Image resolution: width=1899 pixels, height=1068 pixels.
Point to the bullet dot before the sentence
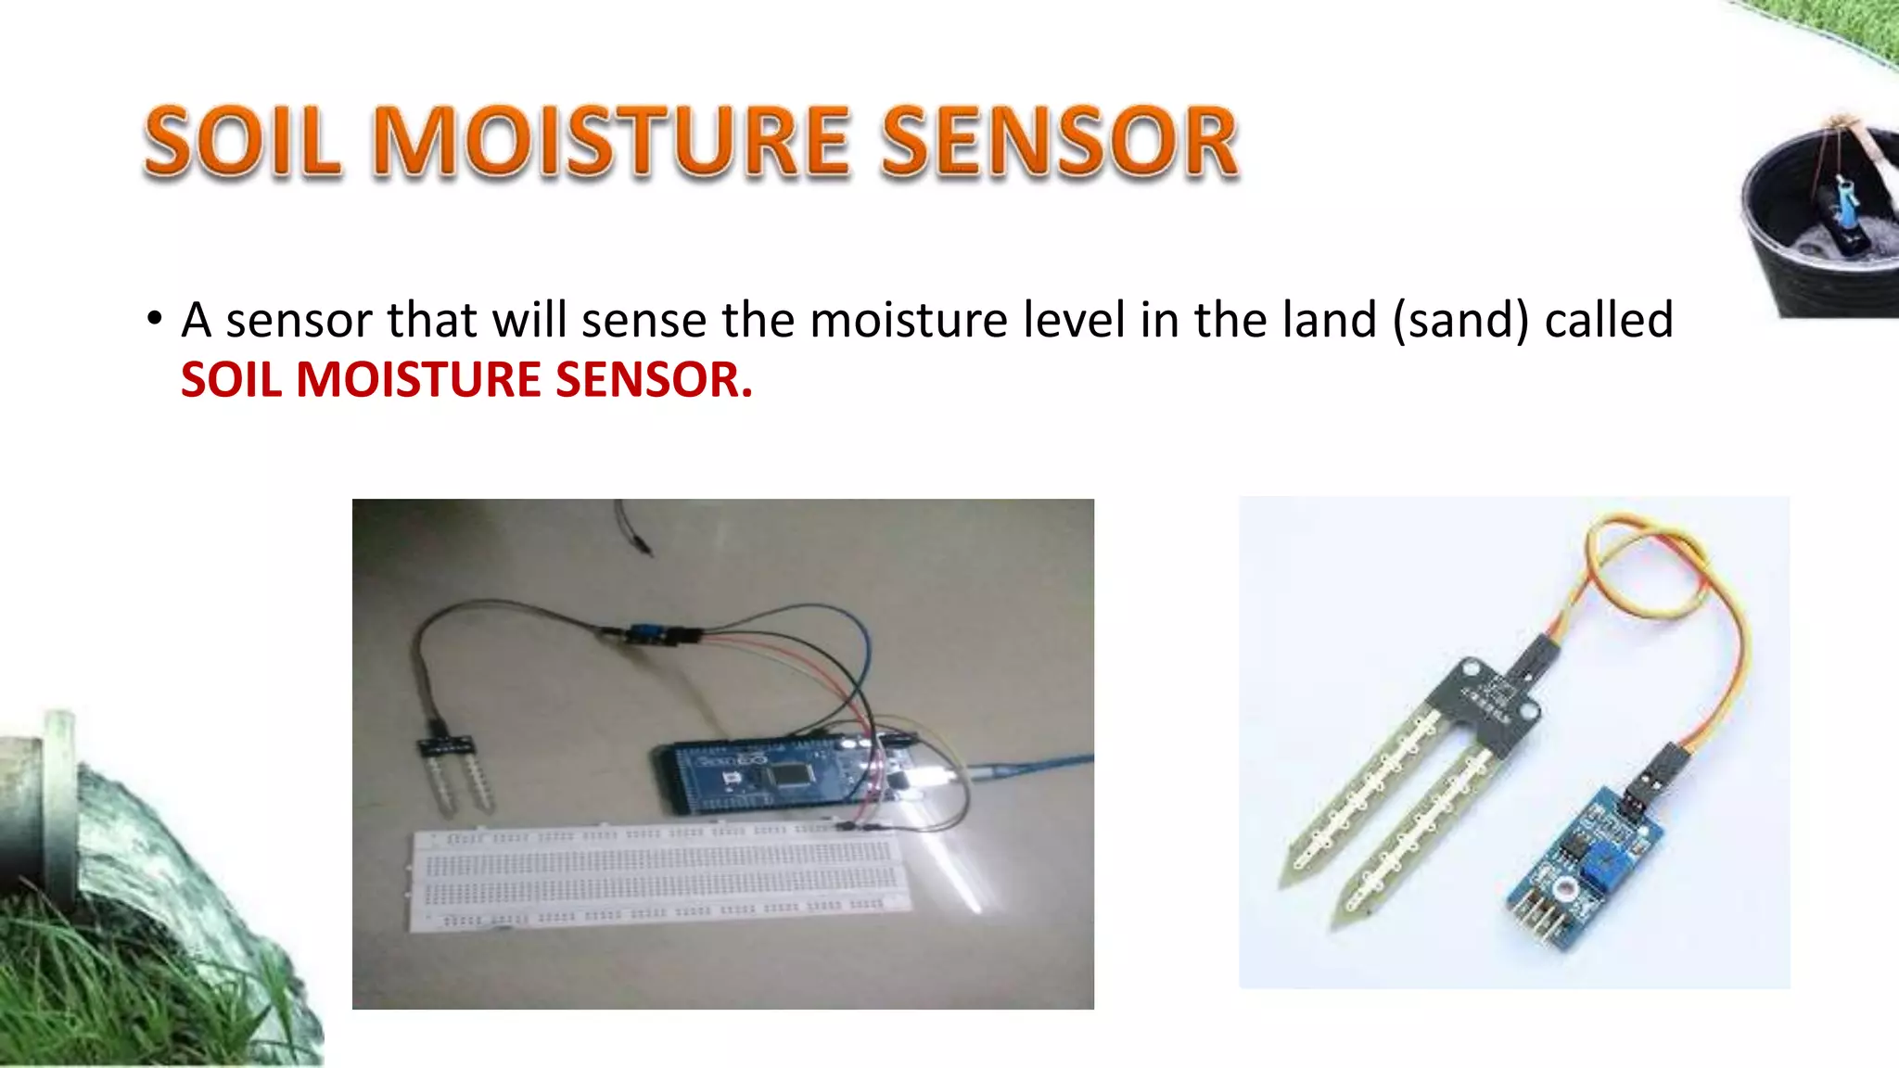[154, 319]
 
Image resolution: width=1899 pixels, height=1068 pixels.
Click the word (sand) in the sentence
[1460, 321]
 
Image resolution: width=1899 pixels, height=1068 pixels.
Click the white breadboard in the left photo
[658, 876]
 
